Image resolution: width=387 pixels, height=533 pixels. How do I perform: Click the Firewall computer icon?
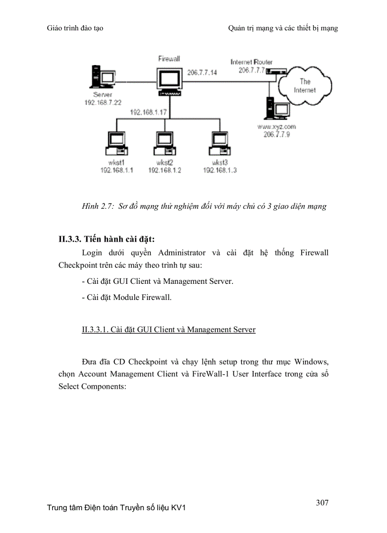click(169, 81)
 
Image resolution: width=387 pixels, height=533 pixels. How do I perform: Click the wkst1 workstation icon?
click(116, 143)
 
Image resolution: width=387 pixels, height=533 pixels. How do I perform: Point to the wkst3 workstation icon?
click(219, 143)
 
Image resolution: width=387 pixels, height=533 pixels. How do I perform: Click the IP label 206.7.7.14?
click(202, 73)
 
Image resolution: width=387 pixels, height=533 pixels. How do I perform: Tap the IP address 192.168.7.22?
click(103, 103)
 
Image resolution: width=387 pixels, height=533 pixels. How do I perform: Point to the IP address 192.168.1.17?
click(148, 112)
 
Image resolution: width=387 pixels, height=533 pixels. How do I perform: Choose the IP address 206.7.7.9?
click(276, 135)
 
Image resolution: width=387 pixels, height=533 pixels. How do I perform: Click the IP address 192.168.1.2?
click(164, 170)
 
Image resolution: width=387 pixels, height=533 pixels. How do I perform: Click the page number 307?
click(322, 503)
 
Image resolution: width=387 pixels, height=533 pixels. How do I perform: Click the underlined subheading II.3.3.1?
click(168, 329)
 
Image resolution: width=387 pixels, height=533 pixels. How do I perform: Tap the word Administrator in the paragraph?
click(182, 252)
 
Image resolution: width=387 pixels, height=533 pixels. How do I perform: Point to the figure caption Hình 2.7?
click(204, 206)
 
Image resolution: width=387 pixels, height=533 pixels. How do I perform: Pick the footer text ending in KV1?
click(116, 508)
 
